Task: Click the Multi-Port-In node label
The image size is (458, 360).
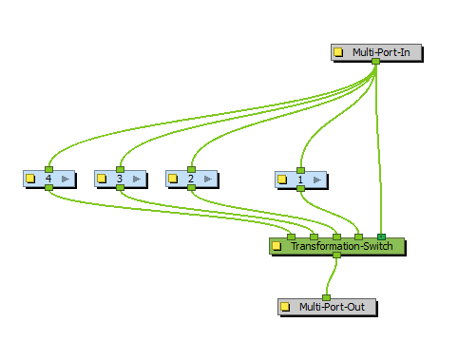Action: coord(380,52)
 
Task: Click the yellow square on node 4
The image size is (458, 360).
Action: coord(30,178)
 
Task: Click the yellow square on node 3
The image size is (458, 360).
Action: coord(102,178)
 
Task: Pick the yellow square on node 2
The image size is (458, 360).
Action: coord(173,178)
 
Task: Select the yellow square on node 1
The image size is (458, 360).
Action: coord(282,179)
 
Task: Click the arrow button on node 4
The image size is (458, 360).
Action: coord(65,178)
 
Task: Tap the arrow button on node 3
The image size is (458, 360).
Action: coord(136,178)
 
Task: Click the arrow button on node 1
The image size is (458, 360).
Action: coord(316,179)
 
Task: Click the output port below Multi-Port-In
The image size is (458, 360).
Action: coord(375,62)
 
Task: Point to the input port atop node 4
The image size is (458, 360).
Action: coord(48,169)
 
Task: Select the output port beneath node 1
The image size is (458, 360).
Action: coord(300,188)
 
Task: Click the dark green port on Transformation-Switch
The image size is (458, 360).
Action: coord(381,237)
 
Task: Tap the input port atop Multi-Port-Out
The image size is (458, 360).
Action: coord(326,297)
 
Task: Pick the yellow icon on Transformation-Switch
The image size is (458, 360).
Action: coord(277,246)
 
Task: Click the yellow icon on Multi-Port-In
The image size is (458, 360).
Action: coord(339,52)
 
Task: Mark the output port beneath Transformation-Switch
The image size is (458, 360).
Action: coord(336,256)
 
